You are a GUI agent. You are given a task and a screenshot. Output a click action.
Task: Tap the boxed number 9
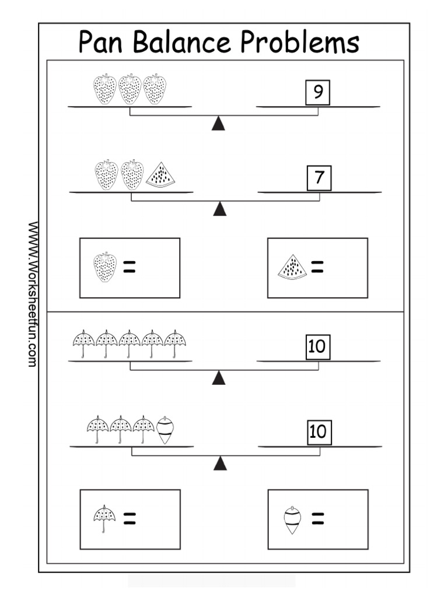coord(318,93)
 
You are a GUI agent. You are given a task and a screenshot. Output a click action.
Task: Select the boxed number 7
coord(319,178)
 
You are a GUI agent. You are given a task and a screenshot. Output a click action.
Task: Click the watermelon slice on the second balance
coord(160,175)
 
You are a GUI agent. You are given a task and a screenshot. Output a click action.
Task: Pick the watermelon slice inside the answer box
coord(292,268)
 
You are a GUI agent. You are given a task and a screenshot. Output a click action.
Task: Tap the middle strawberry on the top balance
coord(130,89)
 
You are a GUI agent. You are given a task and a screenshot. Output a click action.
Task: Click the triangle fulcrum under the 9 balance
coord(218,123)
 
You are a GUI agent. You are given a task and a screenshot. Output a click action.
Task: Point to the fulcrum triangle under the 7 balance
coord(220,209)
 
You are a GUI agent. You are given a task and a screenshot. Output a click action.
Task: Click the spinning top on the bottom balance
coord(166,431)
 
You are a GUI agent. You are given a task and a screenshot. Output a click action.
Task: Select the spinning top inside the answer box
coord(292,520)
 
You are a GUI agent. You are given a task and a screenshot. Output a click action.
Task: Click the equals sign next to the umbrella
coord(129,519)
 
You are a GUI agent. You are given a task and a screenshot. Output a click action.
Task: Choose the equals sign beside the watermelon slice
coord(318,268)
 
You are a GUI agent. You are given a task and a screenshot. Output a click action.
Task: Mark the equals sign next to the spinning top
coord(318,519)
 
